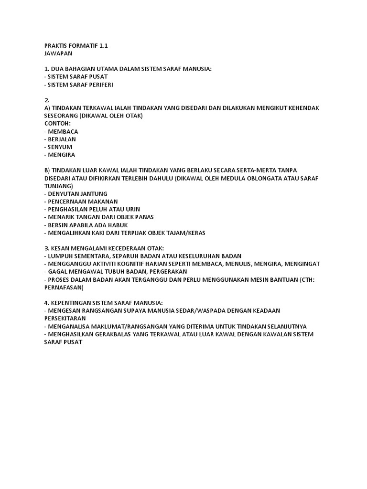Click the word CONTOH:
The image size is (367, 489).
pyautogui.click(x=57, y=124)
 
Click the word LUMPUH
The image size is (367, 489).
pyautogui.click(x=60, y=256)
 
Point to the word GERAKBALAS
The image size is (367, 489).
pyautogui.click(x=108, y=334)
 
